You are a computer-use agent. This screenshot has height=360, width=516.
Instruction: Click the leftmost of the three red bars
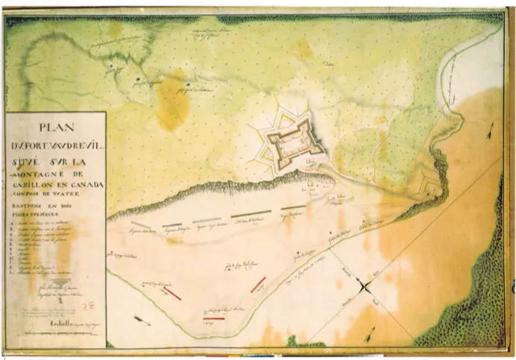pos(172,294)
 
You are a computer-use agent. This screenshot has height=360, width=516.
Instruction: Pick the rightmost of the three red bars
pos(258,283)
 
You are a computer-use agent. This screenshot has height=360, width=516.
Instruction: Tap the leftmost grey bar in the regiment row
pos(141,223)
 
